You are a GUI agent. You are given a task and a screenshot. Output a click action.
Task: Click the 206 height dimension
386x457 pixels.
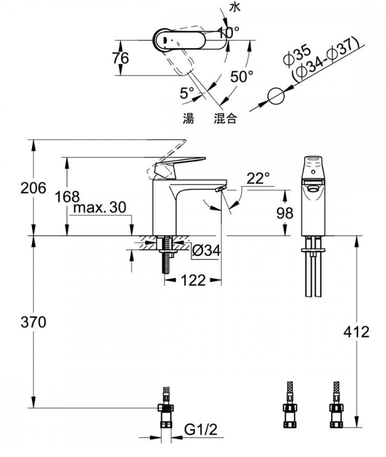[x=33, y=188]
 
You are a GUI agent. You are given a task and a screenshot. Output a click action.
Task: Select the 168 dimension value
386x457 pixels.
[x=67, y=197]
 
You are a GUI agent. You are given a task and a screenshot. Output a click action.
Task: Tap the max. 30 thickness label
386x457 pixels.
[x=100, y=207]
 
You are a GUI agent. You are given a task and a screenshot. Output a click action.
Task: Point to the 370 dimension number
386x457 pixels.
[x=34, y=322]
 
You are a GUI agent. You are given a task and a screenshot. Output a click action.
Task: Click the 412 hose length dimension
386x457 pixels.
[x=356, y=332]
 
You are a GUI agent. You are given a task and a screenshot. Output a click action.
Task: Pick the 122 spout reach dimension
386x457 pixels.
[x=193, y=281]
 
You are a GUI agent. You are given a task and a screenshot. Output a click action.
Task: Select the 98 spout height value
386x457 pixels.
[x=285, y=213]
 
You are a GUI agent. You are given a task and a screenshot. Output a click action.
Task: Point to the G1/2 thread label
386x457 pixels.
[x=201, y=429]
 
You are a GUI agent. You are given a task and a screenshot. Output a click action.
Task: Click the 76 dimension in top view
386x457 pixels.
[x=121, y=58]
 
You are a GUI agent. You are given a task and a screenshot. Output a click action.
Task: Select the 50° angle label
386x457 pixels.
[x=242, y=76]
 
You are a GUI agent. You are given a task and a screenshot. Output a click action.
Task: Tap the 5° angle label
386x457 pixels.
[x=187, y=93]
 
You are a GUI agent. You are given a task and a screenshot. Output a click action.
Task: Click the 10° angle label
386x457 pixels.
[x=229, y=33]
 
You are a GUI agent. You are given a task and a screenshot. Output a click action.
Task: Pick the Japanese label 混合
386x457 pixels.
[x=225, y=118]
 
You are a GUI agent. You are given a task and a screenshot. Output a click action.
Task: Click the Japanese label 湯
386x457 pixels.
[x=188, y=118]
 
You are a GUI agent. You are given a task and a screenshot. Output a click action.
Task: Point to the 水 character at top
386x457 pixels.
[x=235, y=7]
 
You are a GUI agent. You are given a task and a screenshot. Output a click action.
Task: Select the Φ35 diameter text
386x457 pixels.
[x=297, y=55]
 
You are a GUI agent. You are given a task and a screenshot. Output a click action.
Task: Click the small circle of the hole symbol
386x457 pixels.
[x=275, y=96]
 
